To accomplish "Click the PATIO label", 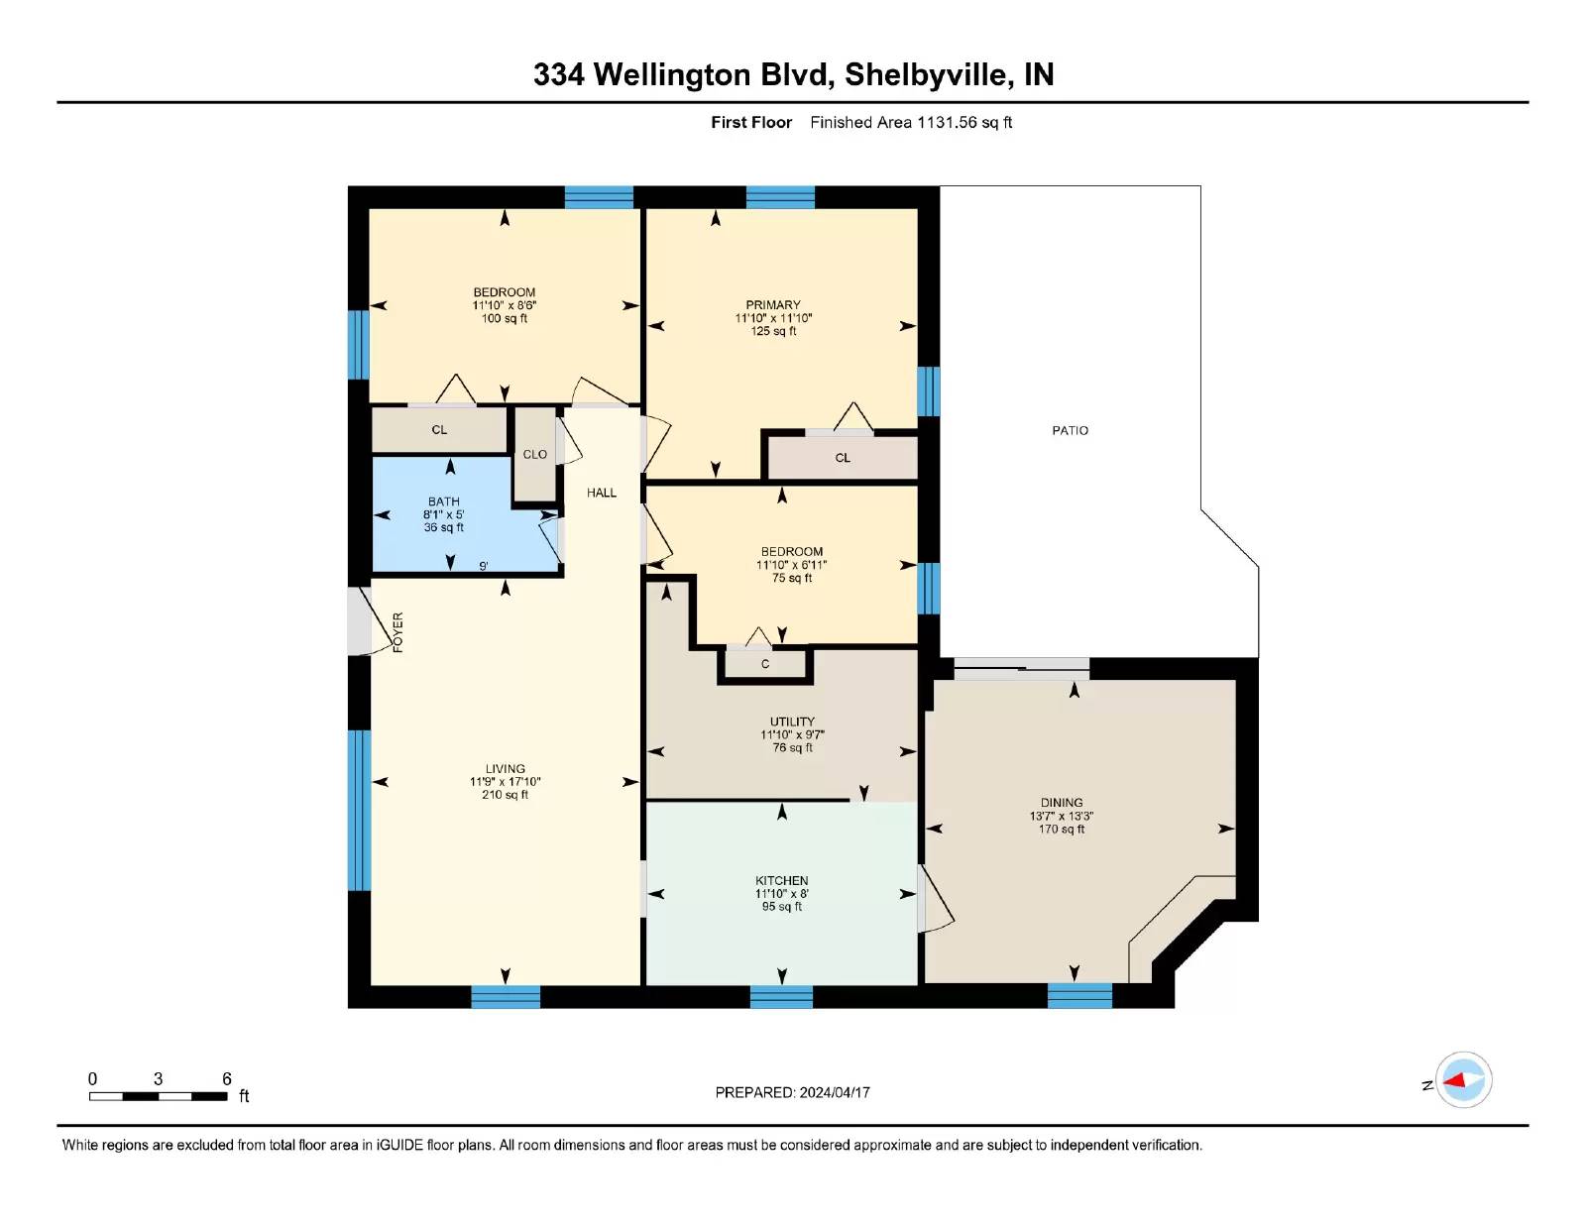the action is point(1070,430).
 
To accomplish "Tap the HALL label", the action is point(602,493).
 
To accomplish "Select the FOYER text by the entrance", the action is point(397,632).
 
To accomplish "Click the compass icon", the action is point(1463,1080).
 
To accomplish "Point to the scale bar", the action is point(159,1096).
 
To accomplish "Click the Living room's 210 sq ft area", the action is point(505,795).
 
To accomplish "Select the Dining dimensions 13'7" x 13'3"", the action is point(1062,816).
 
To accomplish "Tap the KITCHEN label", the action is point(782,881).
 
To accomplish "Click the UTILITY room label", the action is point(792,722).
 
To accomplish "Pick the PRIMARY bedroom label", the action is point(773,304).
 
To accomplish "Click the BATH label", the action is point(444,501).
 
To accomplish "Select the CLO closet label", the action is point(535,454).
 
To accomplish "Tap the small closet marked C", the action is point(765,664).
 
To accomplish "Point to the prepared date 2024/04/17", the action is point(835,1092).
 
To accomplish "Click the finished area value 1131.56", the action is point(947,122).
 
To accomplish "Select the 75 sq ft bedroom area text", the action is point(792,578).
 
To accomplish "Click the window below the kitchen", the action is point(781,997).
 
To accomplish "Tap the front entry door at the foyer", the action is point(359,620).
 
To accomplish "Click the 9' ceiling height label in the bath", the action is point(483,566).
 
